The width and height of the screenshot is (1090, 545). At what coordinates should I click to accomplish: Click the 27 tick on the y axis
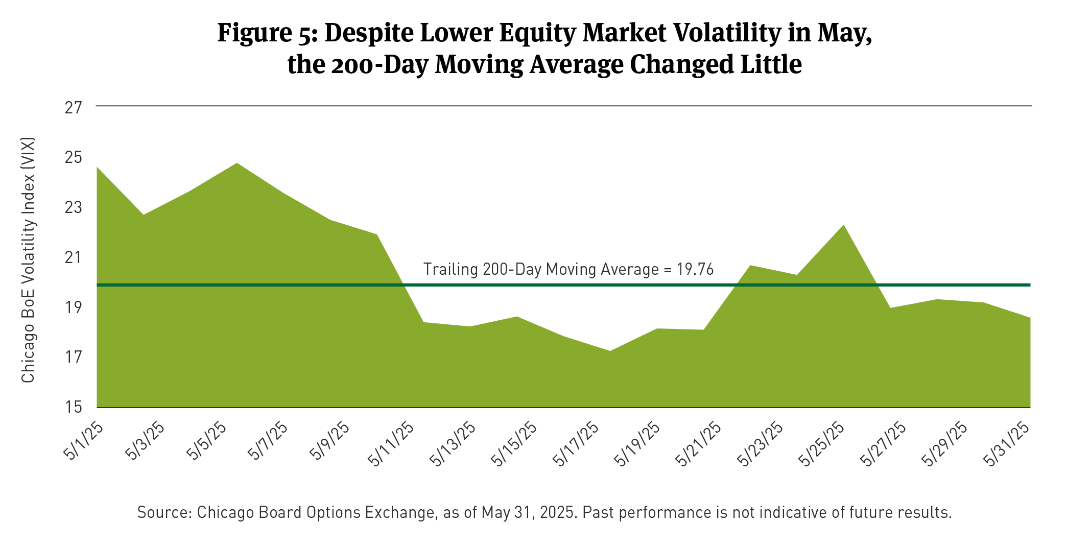(x=74, y=107)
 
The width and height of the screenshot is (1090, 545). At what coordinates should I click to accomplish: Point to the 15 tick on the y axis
(x=74, y=407)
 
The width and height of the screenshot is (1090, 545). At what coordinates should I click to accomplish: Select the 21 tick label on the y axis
(x=74, y=257)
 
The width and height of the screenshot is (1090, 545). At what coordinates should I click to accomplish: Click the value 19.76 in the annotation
(x=695, y=269)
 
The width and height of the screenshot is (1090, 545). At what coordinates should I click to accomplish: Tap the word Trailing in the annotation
(x=450, y=269)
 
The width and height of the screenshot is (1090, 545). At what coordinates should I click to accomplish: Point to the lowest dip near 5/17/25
(x=610, y=351)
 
